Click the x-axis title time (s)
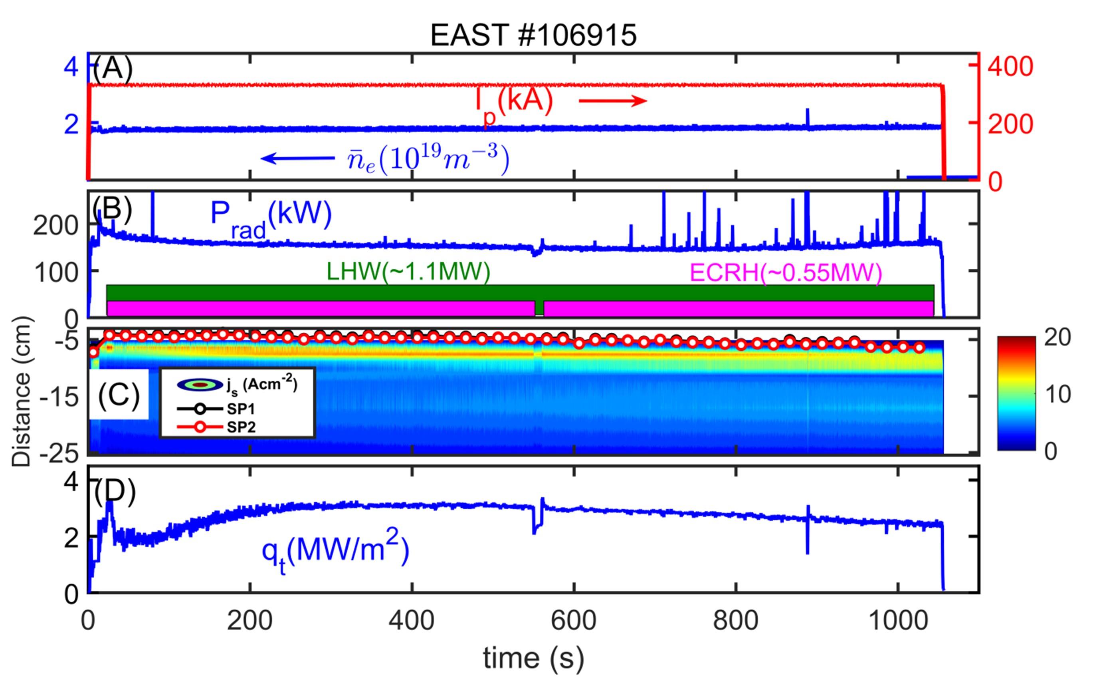click(x=533, y=659)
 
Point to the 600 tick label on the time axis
click(x=574, y=621)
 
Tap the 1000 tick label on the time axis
click(x=898, y=621)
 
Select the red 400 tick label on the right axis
click(x=1010, y=67)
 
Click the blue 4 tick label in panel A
click(x=71, y=68)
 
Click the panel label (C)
click(x=119, y=395)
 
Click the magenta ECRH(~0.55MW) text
click(x=786, y=273)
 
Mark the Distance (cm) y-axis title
click(x=21, y=391)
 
